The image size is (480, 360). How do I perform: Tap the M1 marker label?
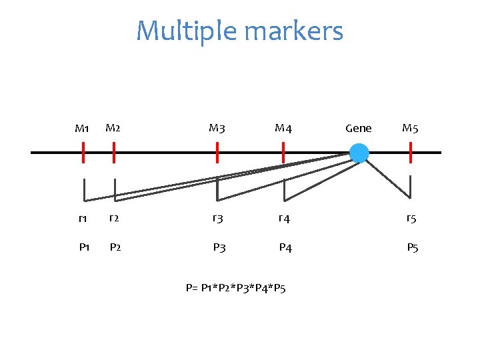[x=82, y=128]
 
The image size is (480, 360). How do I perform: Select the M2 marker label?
[x=113, y=127]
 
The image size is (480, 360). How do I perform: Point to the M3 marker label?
[x=217, y=127]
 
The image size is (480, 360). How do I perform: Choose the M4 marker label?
[x=283, y=128]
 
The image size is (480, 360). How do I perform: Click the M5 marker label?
[x=410, y=127]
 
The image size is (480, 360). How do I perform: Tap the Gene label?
[x=359, y=128]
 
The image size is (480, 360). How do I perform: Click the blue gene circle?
[x=359, y=153]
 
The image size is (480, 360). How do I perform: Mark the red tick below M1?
[x=83, y=153]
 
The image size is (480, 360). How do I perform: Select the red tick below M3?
[x=217, y=153]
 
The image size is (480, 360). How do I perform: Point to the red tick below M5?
[x=411, y=153]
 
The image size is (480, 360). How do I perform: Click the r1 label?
[x=83, y=218]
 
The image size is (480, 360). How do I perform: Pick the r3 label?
[x=217, y=218]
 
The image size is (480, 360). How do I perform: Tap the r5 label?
[x=413, y=218]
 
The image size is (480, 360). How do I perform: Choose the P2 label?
[x=115, y=247]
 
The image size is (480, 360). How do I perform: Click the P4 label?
[x=285, y=248]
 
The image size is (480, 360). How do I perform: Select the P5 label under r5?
[x=413, y=248]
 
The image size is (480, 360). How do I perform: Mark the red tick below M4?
[x=283, y=153]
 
